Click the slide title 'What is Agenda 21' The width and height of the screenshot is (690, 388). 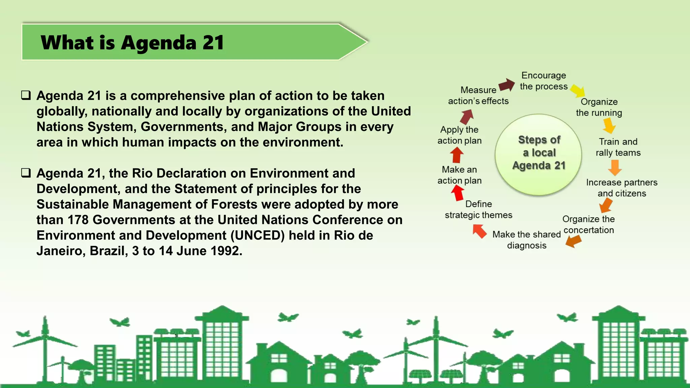[132, 43]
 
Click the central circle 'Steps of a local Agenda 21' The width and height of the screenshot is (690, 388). [538, 153]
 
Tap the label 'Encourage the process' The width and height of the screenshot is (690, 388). [543, 81]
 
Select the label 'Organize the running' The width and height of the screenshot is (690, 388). [599, 107]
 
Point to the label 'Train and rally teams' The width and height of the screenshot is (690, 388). [618, 147]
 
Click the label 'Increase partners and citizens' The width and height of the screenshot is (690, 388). [622, 188]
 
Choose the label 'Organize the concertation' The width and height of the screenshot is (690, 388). [589, 225]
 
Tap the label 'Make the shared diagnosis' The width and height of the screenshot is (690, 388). [527, 239]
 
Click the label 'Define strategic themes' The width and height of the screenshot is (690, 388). [478, 209]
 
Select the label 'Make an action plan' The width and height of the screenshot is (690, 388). [460, 175]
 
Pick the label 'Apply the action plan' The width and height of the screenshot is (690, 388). [460, 135]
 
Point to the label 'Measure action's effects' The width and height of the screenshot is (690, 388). [478, 95]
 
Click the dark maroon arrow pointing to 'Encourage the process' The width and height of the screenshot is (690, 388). [507, 85]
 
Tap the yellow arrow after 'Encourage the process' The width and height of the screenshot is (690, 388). [578, 90]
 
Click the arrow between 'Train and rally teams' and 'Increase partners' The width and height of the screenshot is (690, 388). [615, 167]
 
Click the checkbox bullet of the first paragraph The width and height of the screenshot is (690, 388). [26, 95]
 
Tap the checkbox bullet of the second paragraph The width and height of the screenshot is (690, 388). [26, 173]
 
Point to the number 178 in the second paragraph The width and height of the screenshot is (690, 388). [78, 220]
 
